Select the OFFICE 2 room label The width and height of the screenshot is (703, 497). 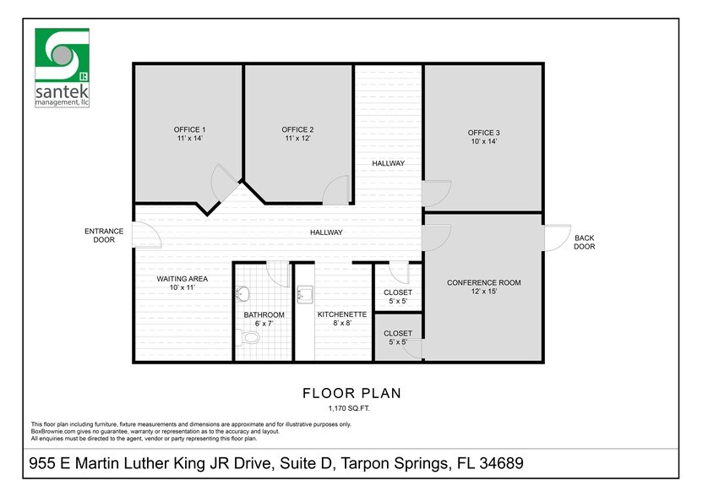(298, 130)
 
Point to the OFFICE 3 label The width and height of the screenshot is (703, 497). (484, 133)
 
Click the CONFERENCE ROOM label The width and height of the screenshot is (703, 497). (483, 282)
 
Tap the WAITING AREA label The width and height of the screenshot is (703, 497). (182, 278)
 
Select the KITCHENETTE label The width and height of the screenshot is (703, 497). (341, 314)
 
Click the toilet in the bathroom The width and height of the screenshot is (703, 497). (248, 337)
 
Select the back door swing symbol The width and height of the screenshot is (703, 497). (556, 238)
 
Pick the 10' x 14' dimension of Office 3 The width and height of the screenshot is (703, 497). (483, 141)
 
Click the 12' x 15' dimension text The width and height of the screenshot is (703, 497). (483, 292)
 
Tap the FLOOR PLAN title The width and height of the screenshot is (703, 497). (351, 393)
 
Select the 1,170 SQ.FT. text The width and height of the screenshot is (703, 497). (351, 408)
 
